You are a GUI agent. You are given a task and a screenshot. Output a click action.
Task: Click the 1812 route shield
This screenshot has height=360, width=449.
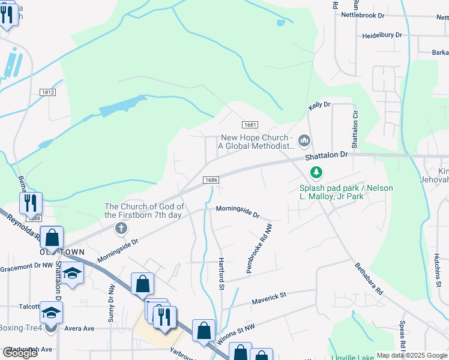coord(49,92)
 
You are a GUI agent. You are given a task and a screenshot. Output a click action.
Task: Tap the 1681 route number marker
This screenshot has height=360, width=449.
coord(250,124)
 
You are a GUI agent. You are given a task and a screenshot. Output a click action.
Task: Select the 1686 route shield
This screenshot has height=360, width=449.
coord(210,179)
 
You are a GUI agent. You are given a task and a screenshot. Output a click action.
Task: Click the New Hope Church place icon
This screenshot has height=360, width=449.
coord(304,141)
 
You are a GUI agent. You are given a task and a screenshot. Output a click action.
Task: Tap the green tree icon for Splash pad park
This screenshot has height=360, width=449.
coord(316,173)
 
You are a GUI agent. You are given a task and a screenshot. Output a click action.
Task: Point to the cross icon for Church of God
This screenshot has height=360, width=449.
coord(121,228)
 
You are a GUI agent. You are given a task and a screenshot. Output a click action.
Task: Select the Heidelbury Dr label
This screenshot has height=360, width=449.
coord(382,35)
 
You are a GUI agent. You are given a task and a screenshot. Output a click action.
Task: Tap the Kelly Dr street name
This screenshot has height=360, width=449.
coord(319,105)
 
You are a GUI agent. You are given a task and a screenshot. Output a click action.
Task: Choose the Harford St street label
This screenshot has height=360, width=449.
coord(221,271)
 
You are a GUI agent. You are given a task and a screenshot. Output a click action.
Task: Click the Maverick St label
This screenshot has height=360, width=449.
coord(270,296)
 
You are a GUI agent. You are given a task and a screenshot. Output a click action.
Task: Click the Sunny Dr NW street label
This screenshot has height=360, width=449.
coord(111,304)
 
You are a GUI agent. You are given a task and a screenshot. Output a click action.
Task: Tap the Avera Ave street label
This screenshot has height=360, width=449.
coord(80,328)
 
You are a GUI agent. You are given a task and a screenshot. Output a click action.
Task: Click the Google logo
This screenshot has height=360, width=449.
coord(20,353)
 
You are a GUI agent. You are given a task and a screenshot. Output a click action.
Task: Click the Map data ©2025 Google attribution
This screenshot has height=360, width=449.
coord(411,355)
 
